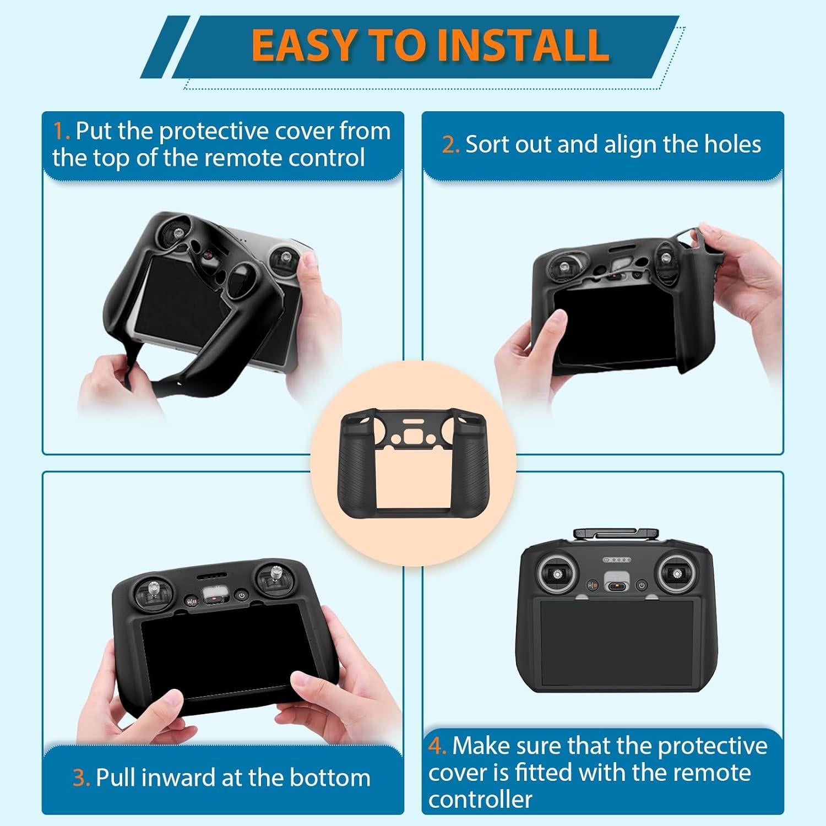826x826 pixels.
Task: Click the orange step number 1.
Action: pyautogui.click(x=61, y=132)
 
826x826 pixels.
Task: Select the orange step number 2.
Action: pyautogui.click(x=450, y=145)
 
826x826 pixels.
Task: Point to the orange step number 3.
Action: pyautogui.click(x=81, y=778)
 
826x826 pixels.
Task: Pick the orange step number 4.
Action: pyautogui.click(x=437, y=746)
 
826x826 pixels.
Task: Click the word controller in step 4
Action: pyautogui.click(x=480, y=799)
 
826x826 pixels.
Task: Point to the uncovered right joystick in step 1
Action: pyautogui.click(x=285, y=258)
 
